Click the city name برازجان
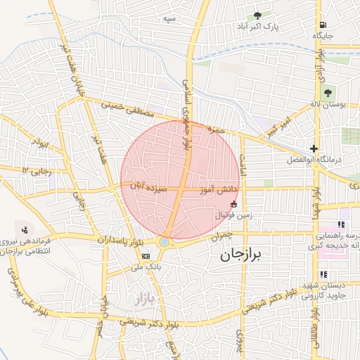pos(240,254)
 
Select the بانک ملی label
pos(148,268)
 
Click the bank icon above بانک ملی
pos(146,256)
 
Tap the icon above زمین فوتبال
pos(234,204)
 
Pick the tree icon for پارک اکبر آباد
pos(257,15)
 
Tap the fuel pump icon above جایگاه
pos(323,23)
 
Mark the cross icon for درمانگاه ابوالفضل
pos(314,148)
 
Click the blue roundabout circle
pos(164,242)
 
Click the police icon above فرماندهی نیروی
pos(26,229)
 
